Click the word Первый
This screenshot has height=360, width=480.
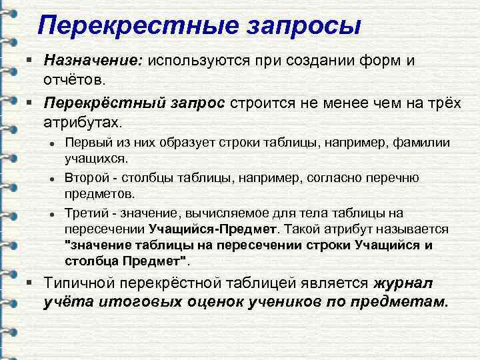click(84, 143)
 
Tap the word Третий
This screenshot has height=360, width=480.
click(84, 213)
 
